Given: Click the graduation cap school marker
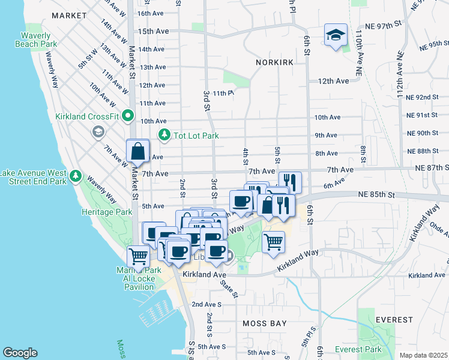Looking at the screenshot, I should click(x=336, y=35).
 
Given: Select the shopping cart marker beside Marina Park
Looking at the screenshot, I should click(x=139, y=256).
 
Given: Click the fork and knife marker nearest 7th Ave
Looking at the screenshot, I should click(x=290, y=182).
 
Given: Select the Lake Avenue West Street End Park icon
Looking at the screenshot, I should click(x=75, y=176).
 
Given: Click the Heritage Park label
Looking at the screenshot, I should click(x=107, y=212).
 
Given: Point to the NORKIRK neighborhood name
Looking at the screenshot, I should click(x=274, y=62).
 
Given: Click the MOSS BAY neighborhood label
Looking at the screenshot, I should click(x=262, y=323).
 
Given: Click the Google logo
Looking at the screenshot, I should click(x=20, y=353).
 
